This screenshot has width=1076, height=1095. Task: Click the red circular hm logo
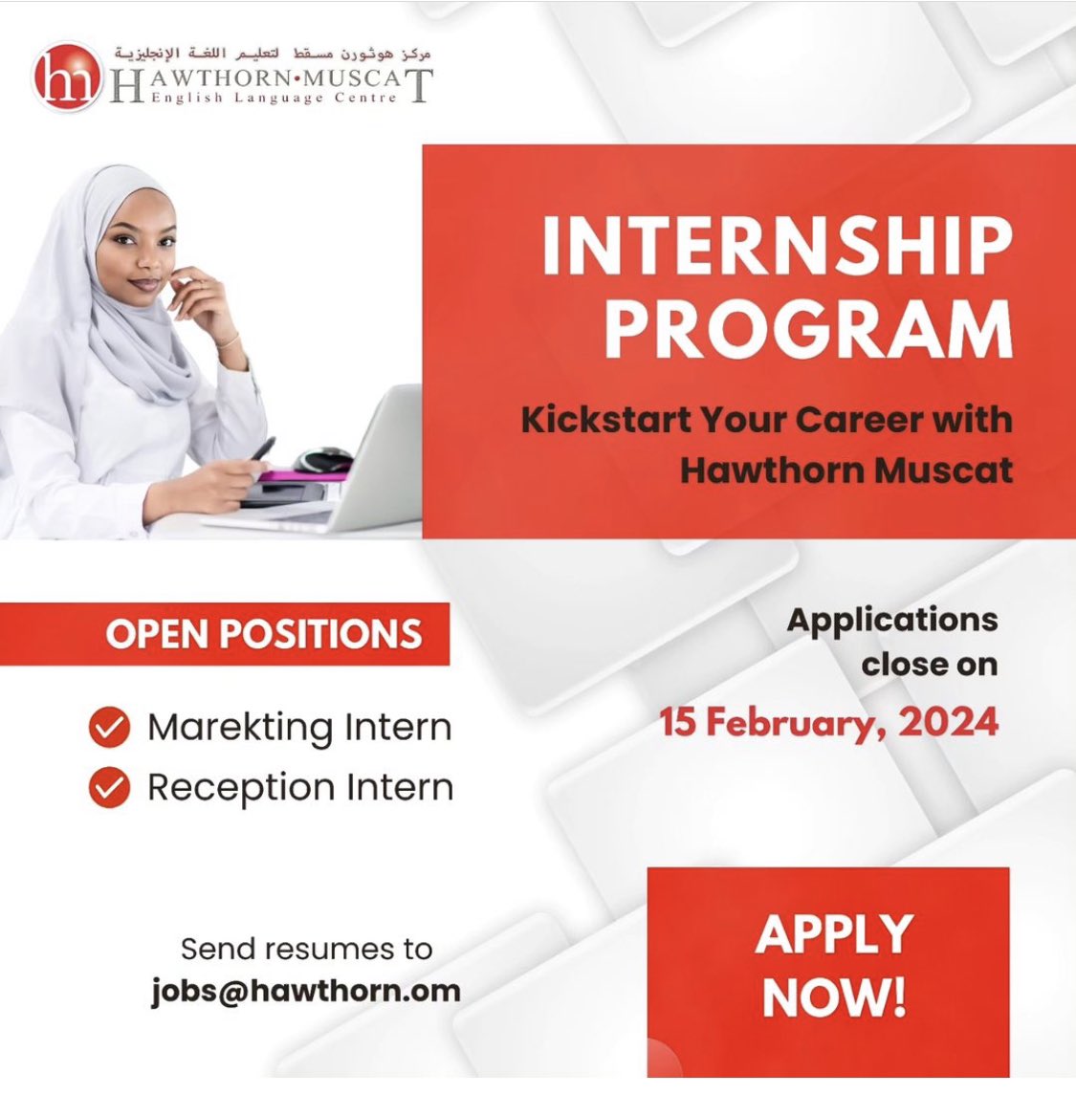pos(67,77)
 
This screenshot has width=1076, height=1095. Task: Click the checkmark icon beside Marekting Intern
pos(110,727)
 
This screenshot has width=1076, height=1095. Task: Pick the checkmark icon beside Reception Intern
pos(110,787)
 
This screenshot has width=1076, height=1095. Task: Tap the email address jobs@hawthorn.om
pos(306,992)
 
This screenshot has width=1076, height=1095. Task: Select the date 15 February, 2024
pos(829,722)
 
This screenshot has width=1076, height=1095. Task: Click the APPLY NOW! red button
pos(828,972)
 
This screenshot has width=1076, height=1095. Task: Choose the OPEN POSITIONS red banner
pos(225,633)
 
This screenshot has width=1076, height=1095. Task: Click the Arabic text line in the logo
pos(273,53)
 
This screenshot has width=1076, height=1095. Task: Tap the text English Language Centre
pos(274,98)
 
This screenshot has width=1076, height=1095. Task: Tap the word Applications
pos(892,621)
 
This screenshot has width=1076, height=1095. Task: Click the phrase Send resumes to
pos(306,949)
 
